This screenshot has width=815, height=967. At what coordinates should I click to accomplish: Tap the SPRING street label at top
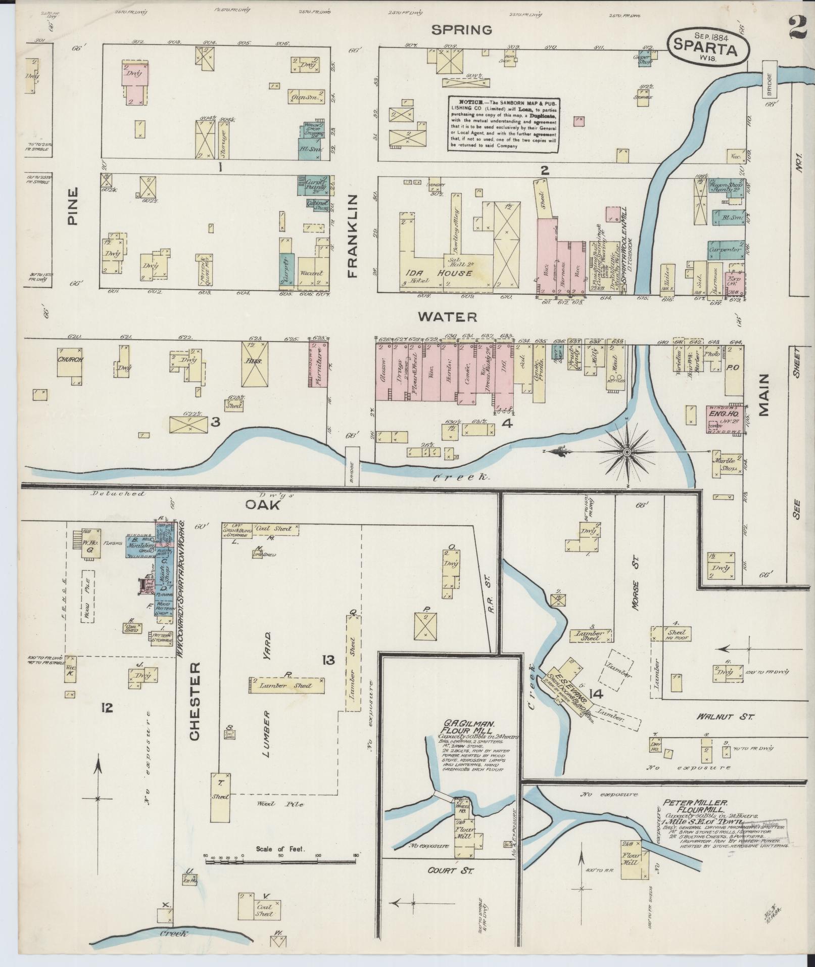[461, 30]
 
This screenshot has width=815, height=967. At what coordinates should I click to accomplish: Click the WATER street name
[447, 317]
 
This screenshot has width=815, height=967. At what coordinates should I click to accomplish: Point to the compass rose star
[627, 451]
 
